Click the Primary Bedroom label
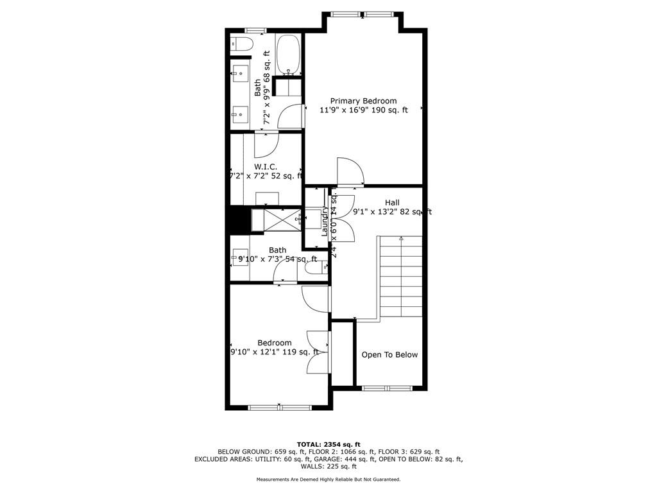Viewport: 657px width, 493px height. point(363,101)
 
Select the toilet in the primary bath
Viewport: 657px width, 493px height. point(242,44)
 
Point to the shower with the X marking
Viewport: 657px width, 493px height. point(277,219)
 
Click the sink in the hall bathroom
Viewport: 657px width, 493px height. point(241,255)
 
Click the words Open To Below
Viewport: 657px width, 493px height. point(389,355)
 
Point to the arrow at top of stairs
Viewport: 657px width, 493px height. point(401,239)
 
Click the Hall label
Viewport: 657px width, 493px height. point(392,202)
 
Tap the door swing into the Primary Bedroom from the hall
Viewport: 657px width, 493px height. point(350,171)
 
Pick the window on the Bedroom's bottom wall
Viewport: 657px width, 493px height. point(280,407)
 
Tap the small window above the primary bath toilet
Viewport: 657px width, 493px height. point(256,30)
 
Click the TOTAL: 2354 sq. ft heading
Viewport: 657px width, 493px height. point(328,444)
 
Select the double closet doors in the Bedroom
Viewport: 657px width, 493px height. point(319,352)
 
